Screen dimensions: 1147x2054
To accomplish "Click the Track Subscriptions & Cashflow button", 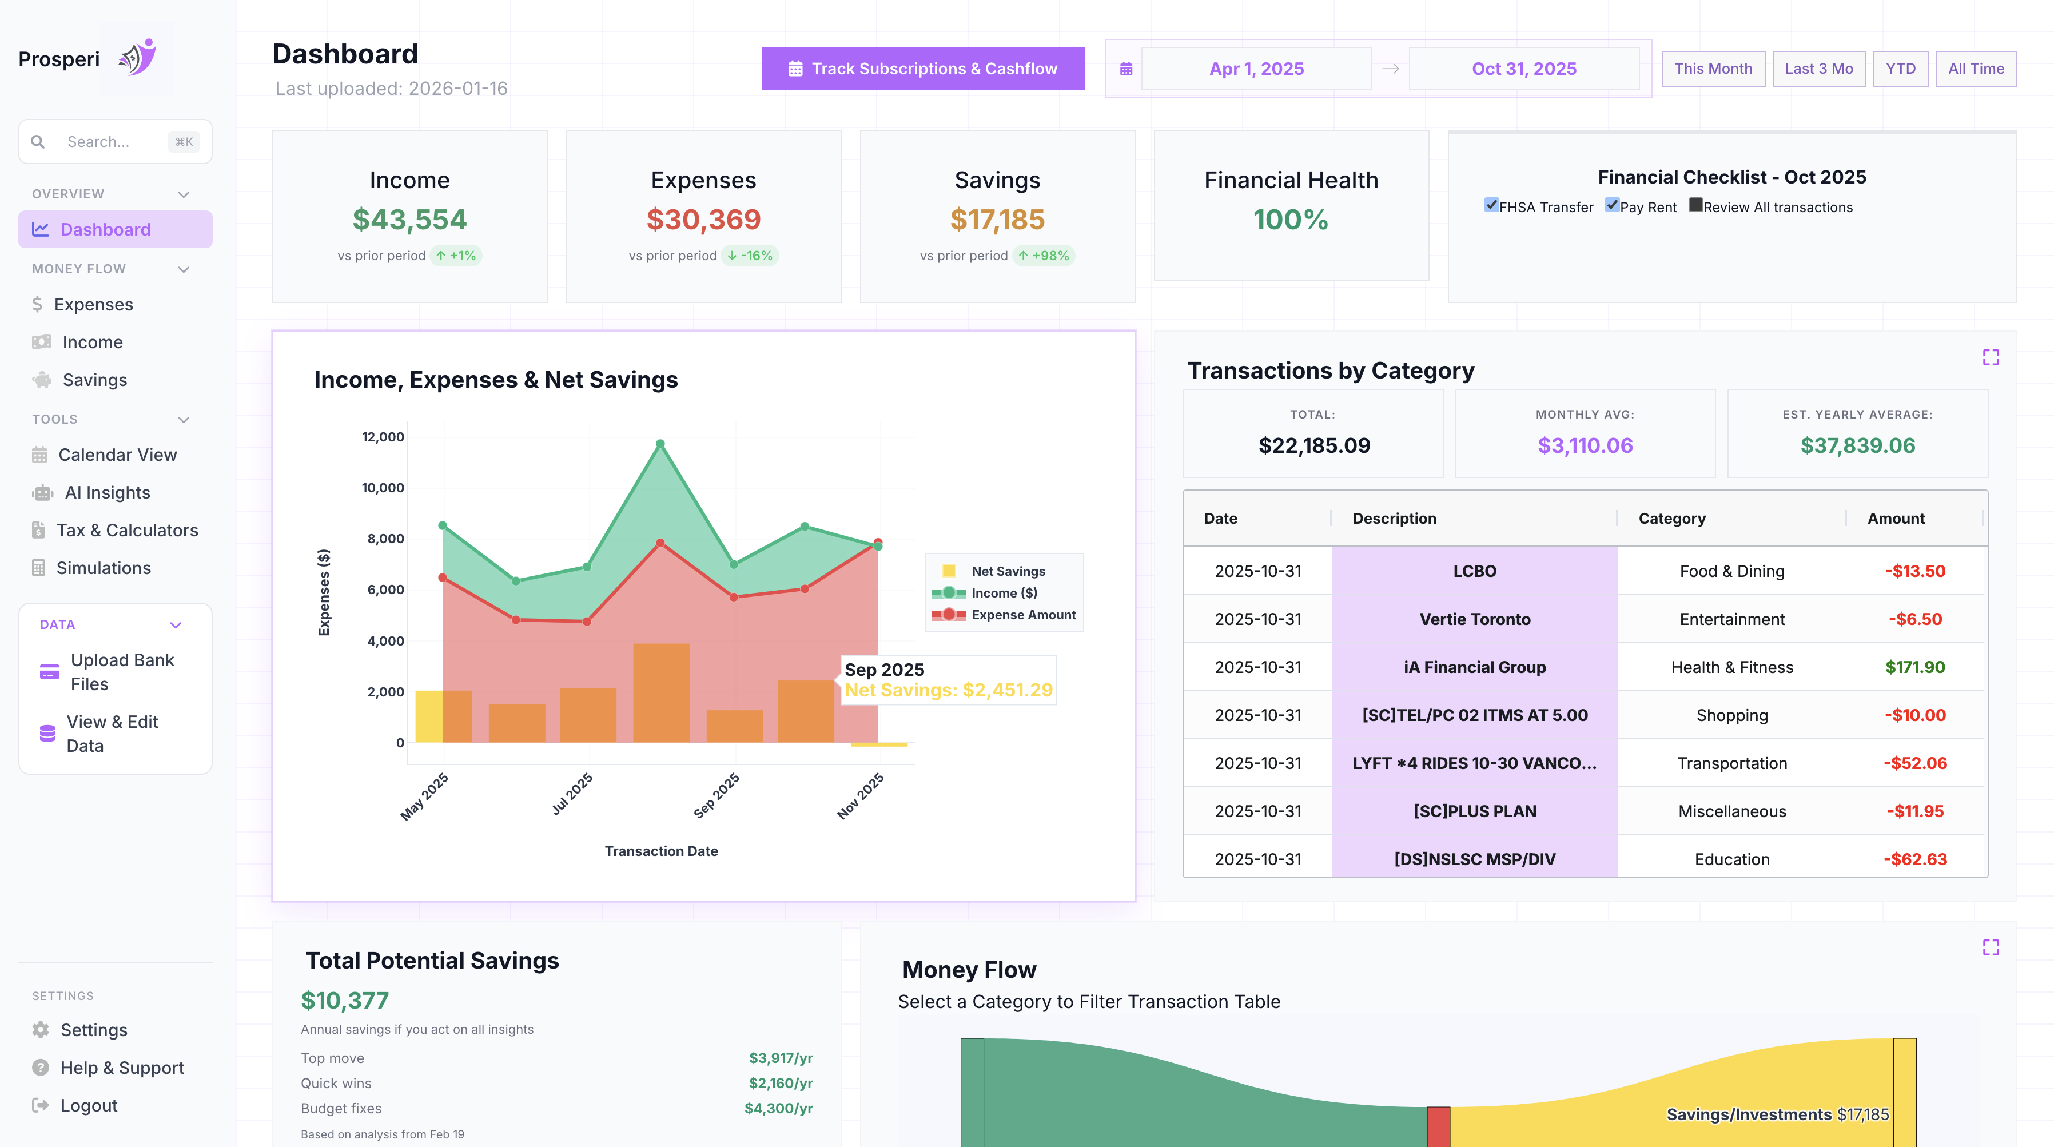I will (x=922, y=69).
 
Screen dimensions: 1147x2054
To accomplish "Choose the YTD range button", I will (x=1900, y=69).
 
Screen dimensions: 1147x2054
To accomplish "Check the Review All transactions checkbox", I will (x=1696, y=206).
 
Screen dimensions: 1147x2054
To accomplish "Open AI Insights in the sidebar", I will (x=107, y=493).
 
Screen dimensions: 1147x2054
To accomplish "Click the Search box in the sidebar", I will (x=116, y=142).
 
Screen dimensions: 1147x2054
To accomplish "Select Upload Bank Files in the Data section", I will (x=122, y=672).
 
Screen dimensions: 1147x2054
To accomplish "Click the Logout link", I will (x=89, y=1106).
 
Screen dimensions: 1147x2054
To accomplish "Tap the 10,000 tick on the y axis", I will (x=383, y=488).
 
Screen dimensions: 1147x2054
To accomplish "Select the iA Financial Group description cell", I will (x=1474, y=667).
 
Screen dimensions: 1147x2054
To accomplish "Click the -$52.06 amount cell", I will (x=1914, y=763).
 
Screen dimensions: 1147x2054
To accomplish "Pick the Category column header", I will (x=1671, y=518).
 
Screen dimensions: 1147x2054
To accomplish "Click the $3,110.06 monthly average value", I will (x=1585, y=445).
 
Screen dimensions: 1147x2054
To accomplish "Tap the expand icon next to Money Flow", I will (x=1990, y=947).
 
